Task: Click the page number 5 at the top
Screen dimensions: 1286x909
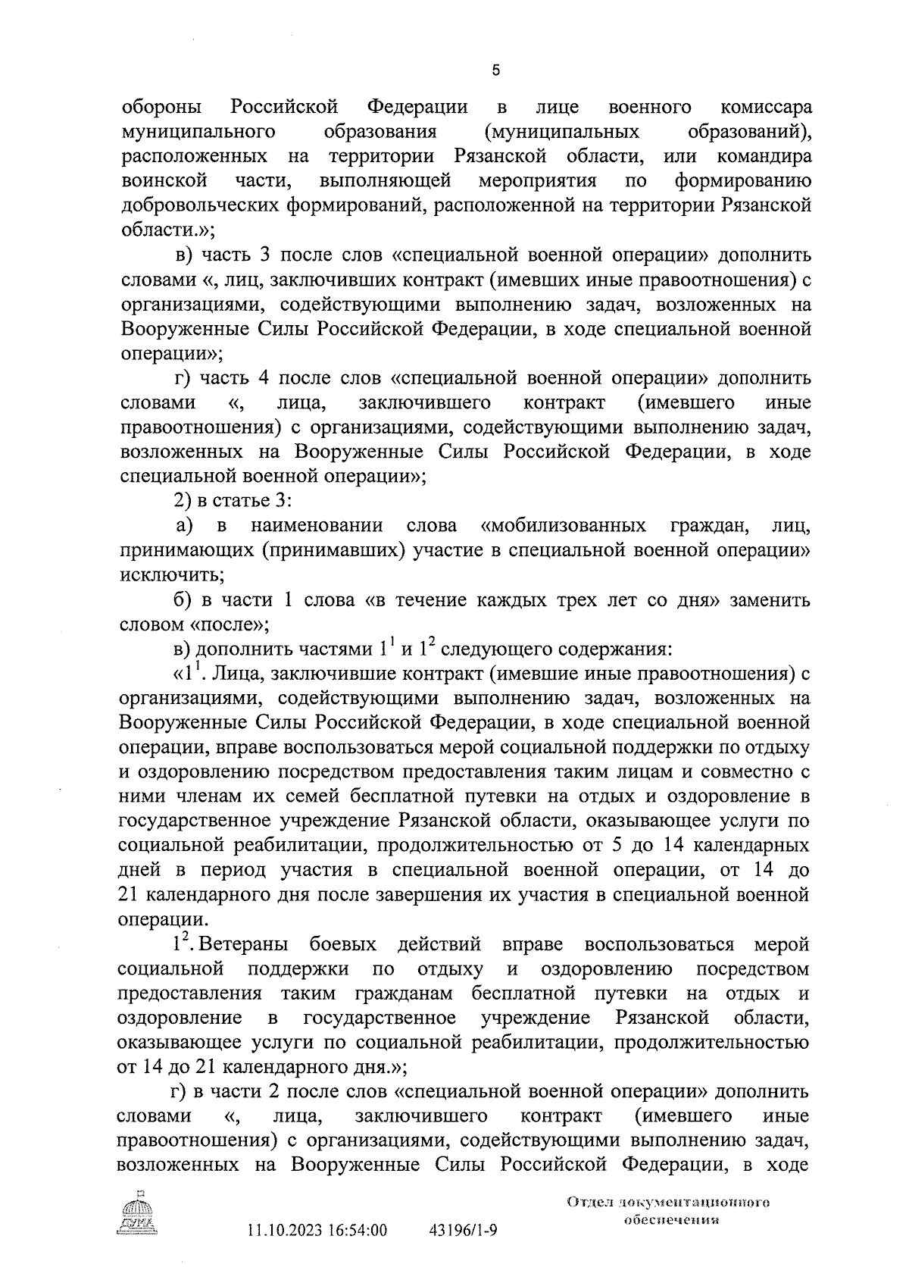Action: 495,70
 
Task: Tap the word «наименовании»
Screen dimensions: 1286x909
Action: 316,526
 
